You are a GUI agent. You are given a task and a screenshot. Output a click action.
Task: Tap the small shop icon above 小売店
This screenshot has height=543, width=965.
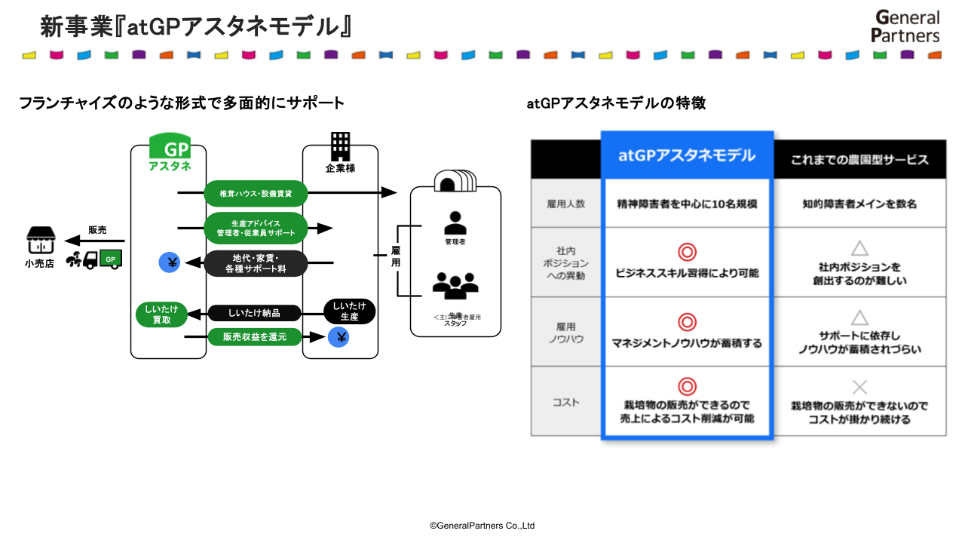[40, 240]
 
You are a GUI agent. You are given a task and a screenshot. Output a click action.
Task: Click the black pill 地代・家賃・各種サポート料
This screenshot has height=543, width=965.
[256, 263]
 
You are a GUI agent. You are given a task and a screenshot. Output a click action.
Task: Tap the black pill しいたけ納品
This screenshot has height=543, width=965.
[254, 313]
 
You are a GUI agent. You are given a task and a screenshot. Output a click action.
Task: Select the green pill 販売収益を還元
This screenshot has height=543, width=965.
[254, 337]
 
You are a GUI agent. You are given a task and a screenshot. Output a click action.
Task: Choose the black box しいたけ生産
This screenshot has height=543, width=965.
[349, 311]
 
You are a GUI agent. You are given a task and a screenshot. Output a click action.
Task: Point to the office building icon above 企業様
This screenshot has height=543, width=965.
[341, 145]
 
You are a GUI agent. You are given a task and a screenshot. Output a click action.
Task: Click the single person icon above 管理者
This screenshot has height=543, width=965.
[455, 222]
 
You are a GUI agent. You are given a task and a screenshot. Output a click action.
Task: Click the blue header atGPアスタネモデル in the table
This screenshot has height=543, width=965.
[687, 156]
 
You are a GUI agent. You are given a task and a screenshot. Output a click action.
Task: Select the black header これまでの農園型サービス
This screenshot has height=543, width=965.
[859, 160]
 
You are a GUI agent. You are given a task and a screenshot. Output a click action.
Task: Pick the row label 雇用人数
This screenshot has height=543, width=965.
[565, 204]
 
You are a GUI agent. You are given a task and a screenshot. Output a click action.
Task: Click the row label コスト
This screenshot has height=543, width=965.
[565, 402]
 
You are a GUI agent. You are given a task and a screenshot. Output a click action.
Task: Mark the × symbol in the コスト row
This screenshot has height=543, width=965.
[859, 388]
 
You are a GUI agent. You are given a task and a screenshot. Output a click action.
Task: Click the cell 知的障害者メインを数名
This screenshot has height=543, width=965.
[859, 204]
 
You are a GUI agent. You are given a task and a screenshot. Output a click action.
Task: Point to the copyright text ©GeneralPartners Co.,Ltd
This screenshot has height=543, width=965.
[482, 526]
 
